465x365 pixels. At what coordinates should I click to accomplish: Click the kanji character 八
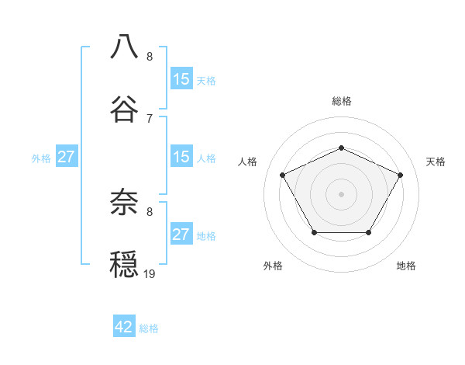pyautogui.click(x=124, y=47)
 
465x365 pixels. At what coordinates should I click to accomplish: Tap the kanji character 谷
pyautogui.click(x=124, y=109)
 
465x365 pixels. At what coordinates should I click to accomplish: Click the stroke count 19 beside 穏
pyautogui.click(x=150, y=273)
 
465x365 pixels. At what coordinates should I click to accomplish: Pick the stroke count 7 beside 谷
pyautogui.click(x=150, y=118)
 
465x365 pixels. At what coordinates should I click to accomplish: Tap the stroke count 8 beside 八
pyautogui.click(x=150, y=57)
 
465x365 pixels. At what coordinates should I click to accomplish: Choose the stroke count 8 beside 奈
pyautogui.click(x=150, y=211)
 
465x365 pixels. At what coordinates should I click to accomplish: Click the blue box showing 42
pyautogui.click(x=124, y=327)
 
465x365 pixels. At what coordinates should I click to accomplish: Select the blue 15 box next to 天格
pyautogui.click(x=181, y=79)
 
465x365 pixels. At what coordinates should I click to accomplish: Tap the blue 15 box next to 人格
pyautogui.click(x=181, y=157)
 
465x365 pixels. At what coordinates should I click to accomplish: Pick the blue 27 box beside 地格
pyautogui.click(x=181, y=235)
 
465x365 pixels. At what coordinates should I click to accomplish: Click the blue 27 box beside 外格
pyautogui.click(x=67, y=157)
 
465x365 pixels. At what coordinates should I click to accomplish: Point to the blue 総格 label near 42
pyautogui.click(x=149, y=328)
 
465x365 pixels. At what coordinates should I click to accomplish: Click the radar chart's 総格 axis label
pyautogui.click(x=342, y=101)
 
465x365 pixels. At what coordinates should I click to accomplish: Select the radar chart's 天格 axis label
pyautogui.click(x=436, y=162)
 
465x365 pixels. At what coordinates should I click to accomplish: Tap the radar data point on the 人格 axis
pyautogui.click(x=282, y=175)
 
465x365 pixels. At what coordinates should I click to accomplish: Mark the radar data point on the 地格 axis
pyautogui.click(x=369, y=232)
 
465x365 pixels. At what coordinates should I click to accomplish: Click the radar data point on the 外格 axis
pyautogui.click(x=314, y=232)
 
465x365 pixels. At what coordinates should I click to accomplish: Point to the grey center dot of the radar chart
pyautogui.click(x=341, y=194)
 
